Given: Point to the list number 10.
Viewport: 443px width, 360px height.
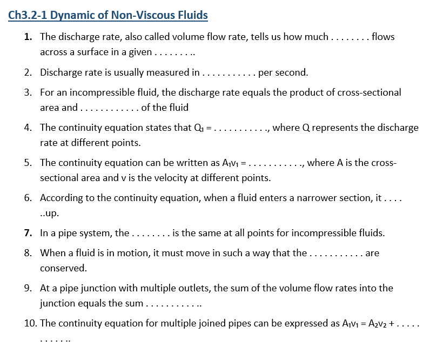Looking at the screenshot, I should tap(30, 323).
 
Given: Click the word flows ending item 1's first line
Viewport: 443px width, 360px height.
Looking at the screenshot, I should tap(383, 37).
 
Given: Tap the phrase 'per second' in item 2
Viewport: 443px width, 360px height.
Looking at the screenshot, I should tap(283, 72).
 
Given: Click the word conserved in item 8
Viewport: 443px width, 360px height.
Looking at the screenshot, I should tap(63, 268).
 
